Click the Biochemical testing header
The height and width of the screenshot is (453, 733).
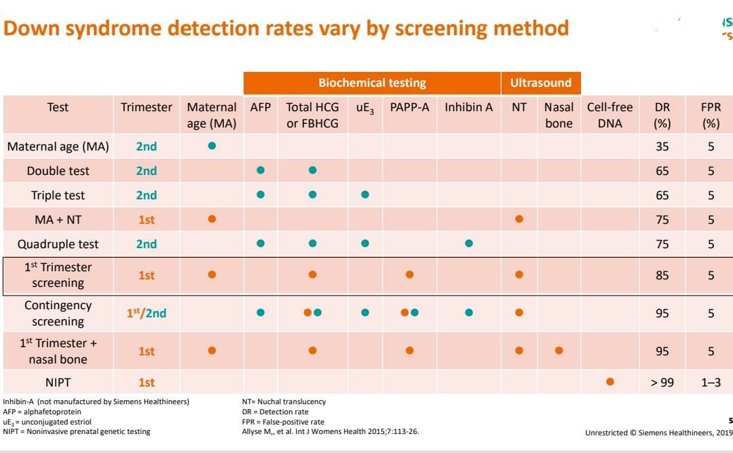tap(372, 83)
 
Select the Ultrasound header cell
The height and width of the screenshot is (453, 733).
tap(541, 83)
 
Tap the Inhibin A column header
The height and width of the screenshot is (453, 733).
tap(468, 107)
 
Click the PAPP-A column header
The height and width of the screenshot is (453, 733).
tap(409, 107)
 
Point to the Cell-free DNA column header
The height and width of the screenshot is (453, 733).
tap(609, 115)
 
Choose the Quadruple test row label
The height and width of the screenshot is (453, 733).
tap(58, 244)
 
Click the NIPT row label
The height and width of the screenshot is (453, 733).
tap(58, 382)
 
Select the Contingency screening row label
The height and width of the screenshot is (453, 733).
tap(58, 313)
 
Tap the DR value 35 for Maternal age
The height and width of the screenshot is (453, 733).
tap(662, 146)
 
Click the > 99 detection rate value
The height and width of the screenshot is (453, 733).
tap(662, 382)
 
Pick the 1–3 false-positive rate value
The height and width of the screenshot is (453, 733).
tap(711, 382)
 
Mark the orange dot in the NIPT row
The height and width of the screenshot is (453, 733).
tap(609, 382)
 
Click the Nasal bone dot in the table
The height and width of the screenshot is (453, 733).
tap(559, 351)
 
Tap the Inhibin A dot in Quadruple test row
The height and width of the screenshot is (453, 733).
tap(468, 243)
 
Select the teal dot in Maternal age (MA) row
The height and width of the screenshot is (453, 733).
tap(212, 146)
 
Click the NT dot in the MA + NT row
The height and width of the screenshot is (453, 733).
tap(519, 219)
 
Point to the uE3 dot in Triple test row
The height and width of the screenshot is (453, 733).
tap(364, 195)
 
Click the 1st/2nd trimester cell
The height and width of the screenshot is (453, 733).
tap(146, 313)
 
